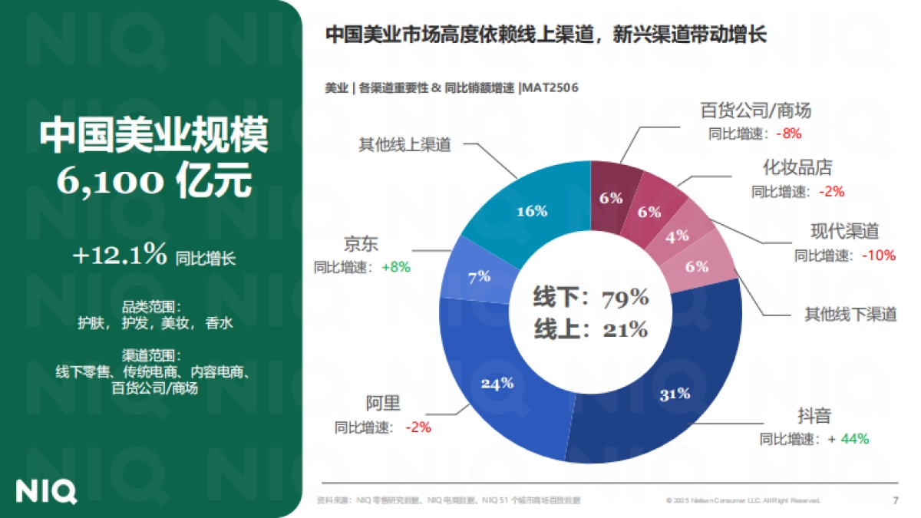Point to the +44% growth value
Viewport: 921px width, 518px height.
[854, 439]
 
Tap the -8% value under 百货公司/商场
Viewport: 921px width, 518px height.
[788, 134]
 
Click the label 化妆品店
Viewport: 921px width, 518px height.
[797, 167]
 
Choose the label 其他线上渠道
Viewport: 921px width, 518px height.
[404, 144]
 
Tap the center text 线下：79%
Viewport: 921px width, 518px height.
[591, 298]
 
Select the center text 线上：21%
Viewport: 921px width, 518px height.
[591, 329]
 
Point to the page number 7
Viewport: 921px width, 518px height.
[895, 500]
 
